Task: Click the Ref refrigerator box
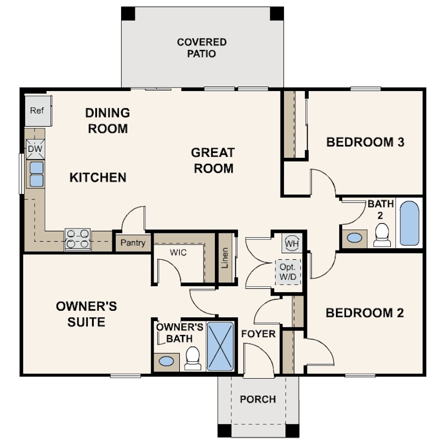tap(37, 110)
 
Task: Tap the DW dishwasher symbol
tap(35, 149)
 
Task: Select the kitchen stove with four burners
tap(77, 239)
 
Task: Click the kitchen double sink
tap(36, 174)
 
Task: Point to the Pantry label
tap(133, 242)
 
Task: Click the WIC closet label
tap(178, 253)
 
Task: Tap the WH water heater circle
tap(291, 242)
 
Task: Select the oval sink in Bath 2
tap(355, 238)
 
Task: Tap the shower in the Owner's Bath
tap(221, 346)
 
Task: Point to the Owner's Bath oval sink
tap(166, 361)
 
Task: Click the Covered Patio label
tap(202, 48)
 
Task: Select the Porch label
tap(258, 399)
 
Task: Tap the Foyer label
tap(258, 334)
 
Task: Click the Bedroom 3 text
tap(365, 143)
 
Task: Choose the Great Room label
tap(213, 160)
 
